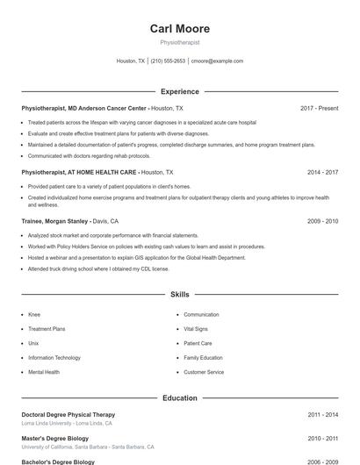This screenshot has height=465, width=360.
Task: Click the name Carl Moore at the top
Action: [x=179, y=29]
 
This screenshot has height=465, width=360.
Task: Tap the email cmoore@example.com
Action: [x=217, y=61]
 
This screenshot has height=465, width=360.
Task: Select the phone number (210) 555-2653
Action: [x=168, y=61]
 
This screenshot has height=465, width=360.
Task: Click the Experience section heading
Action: [x=179, y=91]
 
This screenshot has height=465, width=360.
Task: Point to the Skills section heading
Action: [x=179, y=295]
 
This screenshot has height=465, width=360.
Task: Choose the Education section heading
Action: [x=179, y=397]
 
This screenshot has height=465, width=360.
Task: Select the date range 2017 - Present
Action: [x=319, y=108]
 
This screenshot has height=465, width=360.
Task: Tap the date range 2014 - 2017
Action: [x=322, y=173]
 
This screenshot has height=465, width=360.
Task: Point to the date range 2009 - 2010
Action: [x=322, y=222]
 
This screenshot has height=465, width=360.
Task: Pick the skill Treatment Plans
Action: [x=47, y=329]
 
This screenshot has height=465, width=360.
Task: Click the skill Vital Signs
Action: [x=196, y=329]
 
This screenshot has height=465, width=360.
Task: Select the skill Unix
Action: [x=33, y=343]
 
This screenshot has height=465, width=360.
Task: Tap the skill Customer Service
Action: [x=204, y=372]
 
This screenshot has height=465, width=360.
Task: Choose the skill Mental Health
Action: [x=44, y=372]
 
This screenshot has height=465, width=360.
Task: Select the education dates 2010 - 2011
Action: [x=322, y=438]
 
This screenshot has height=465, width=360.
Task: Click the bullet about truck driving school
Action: [x=110, y=268]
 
